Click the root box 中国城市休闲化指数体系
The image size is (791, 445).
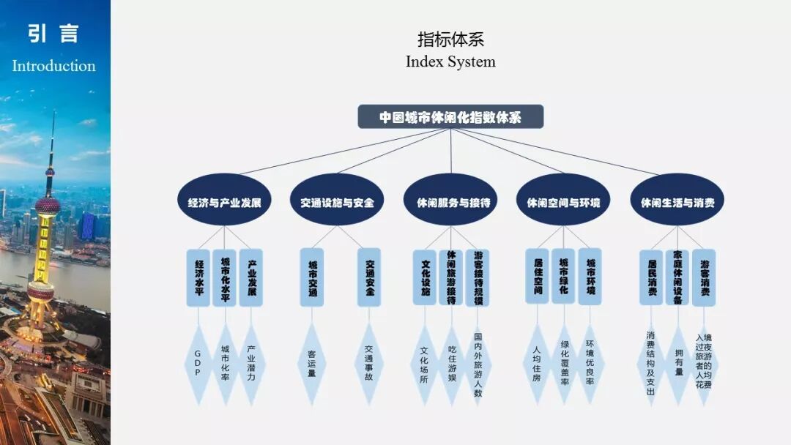pos(450,117)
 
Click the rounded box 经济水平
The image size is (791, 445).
pos(198,277)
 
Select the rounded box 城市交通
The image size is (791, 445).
pos(312,277)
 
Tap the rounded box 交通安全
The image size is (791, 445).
pos(369,277)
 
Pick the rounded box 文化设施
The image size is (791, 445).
pos(425,277)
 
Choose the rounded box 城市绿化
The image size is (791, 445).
pos(563,277)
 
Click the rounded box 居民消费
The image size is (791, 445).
pos(652,277)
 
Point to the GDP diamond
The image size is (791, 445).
pos(198,363)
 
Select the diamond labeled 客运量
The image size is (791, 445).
pos(312,363)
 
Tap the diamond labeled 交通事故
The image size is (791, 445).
pos(369,363)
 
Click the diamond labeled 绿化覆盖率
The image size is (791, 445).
pos(563,363)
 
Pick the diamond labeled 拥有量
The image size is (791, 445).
pos(678,363)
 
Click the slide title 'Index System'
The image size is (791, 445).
pos(450,62)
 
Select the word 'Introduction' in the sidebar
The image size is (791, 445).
pos(53,66)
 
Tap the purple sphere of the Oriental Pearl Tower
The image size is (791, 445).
pos(48,206)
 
